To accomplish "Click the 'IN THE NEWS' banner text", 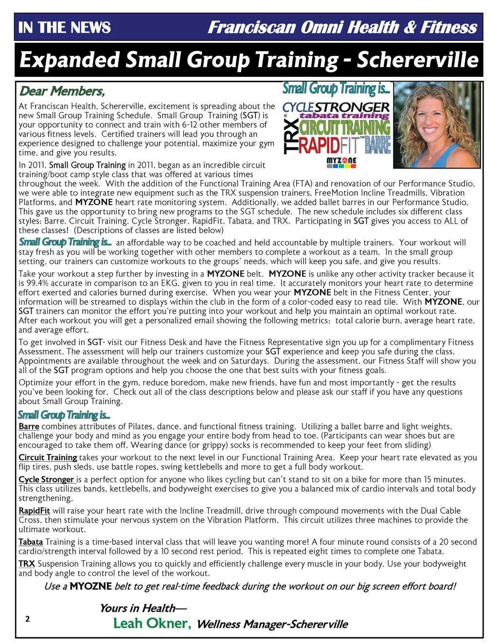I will tap(65, 27).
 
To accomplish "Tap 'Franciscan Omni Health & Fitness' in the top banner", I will tap(342, 27).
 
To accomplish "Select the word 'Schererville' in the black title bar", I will tap(418, 60).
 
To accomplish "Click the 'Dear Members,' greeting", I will tap(62, 91).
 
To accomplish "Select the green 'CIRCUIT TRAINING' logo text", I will tap(344, 127).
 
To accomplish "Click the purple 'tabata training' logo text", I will tap(344, 116).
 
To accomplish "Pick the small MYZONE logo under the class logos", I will tap(341, 162).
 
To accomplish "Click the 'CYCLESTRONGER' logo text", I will tap(336, 106).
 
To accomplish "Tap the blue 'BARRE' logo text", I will tap(378, 145).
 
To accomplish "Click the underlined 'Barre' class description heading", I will tap(29, 426).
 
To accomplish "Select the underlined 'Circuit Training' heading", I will tap(48, 457).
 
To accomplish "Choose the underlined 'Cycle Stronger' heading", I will tap(46, 479).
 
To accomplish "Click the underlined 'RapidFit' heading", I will tap(34, 510).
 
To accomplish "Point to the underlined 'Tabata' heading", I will tap(31, 541).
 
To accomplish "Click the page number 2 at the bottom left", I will tap(27, 619).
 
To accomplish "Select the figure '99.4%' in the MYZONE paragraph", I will tap(38, 283).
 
